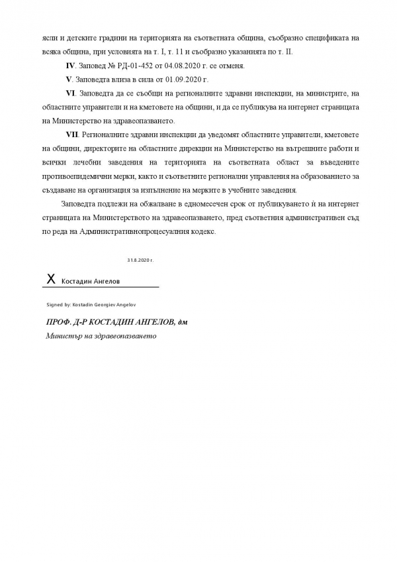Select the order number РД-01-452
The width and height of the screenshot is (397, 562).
click(x=126, y=66)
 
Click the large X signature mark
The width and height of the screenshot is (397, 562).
click(x=50, y=280)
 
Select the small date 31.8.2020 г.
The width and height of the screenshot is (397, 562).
click(x=140, y=260)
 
